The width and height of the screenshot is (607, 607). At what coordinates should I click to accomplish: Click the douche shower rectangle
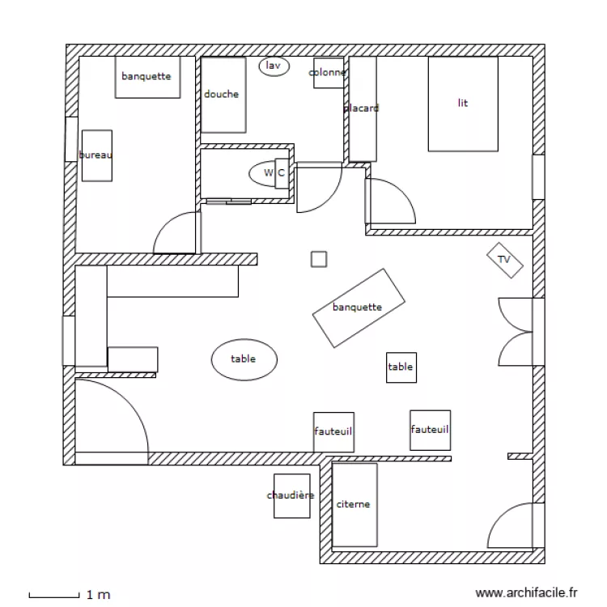[223, 95]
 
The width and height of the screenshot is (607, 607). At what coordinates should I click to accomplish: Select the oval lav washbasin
[274, 66]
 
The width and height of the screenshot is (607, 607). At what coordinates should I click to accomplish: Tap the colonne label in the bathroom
[328, 73]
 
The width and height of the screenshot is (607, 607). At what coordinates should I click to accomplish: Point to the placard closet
[362, 108]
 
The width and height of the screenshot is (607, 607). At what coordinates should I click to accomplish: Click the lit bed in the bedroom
[462, 104]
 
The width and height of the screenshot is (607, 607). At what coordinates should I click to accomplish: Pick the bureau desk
[96, 155]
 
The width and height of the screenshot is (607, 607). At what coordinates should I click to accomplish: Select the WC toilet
[270, 172]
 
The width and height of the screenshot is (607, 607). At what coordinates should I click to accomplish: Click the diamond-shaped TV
[504, 260]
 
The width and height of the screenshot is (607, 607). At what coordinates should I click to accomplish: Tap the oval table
[244, 359]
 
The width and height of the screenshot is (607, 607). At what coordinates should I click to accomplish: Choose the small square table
[401, 367]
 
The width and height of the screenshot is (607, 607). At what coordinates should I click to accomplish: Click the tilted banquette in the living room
[358, 308]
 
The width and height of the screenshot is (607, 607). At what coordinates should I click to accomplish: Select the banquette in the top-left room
[146, 77]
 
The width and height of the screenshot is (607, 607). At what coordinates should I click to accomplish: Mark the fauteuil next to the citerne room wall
[333, 432]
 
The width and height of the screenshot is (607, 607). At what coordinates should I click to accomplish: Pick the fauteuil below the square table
[430, 429]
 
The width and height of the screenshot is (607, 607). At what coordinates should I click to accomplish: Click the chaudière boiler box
[291, 495]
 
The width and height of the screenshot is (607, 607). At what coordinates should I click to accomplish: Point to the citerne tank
[354, 504]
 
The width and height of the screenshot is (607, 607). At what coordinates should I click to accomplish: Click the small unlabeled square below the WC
[319, 259]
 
